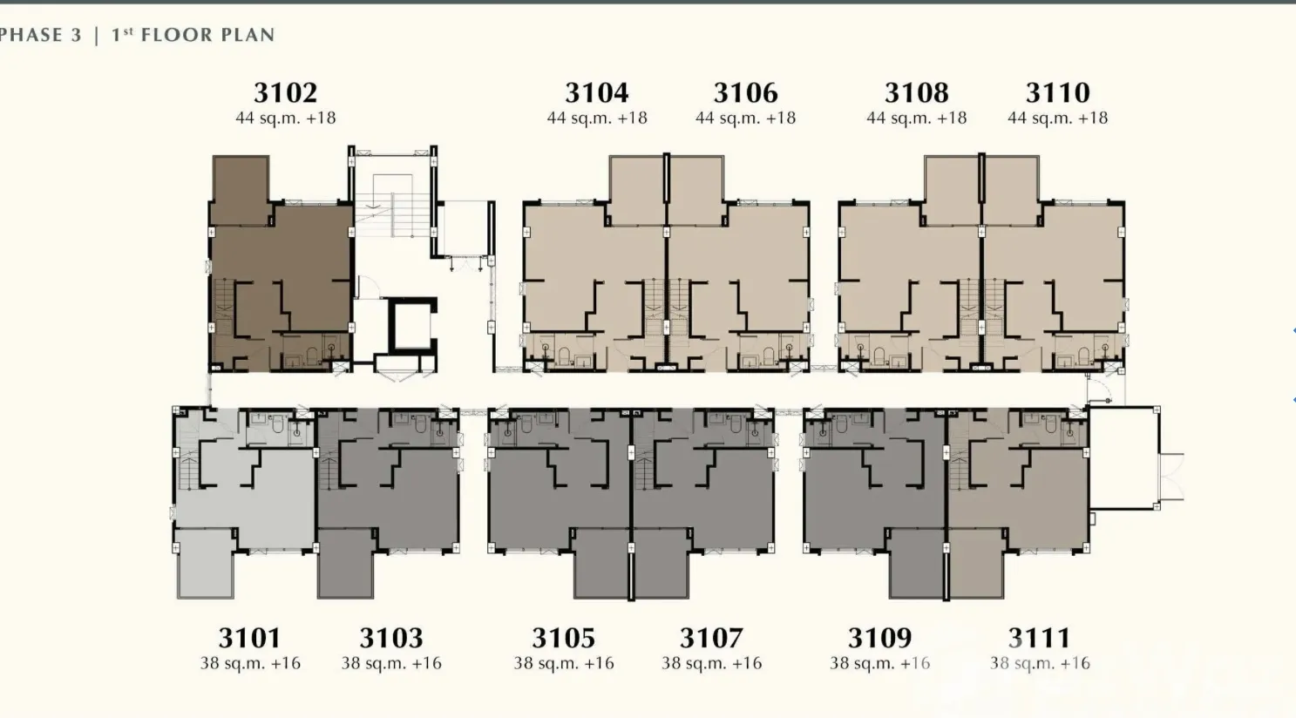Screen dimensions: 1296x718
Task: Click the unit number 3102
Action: tap(285, 92)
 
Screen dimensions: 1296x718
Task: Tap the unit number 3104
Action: tap(596, 92)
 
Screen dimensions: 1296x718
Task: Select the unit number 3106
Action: tap(745, 92)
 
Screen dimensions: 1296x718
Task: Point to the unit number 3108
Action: tap(917, 92)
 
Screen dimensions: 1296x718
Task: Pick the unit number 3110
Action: tap(1057, 92)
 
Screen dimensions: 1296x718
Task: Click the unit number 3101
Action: tap(249, 638)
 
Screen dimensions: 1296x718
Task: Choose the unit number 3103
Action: tap(391, 638)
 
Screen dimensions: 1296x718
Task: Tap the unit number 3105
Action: tap(564, 638)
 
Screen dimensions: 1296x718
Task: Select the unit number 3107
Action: tap(711, 638)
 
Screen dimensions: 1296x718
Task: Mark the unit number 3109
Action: tap(880, 638)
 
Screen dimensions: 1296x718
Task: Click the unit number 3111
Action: tap(1039, 638)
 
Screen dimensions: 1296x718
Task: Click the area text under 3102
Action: tap(285, 118)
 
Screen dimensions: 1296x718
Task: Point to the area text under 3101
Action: tap(250, 663)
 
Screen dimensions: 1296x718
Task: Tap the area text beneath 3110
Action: tap(1057, 118)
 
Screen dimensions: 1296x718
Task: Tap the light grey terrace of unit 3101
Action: tap(206, 564)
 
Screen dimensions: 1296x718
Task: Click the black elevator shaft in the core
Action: tap(411, 326)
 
